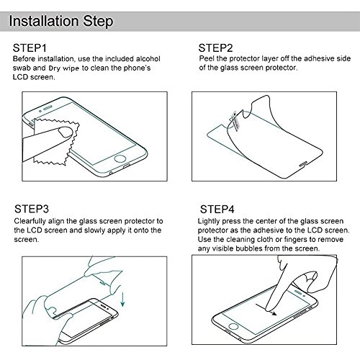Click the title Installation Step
click(61, 22)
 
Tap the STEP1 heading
click(30, 48)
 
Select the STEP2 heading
click(215, 48)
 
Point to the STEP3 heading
click(32, 209)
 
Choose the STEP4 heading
click(217, 210)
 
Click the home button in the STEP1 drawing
click(120, 159)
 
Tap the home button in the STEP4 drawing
click(233, 326)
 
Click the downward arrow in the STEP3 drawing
click(122, 300)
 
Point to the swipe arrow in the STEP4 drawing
click(266, 310)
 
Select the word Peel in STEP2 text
click(207, 58)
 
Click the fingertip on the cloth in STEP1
click(66, 132)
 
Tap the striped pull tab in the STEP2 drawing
click(235, 122)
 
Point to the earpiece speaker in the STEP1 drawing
click(49, 107)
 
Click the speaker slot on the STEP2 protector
click(303, 163)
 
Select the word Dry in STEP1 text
click(54, 68)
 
